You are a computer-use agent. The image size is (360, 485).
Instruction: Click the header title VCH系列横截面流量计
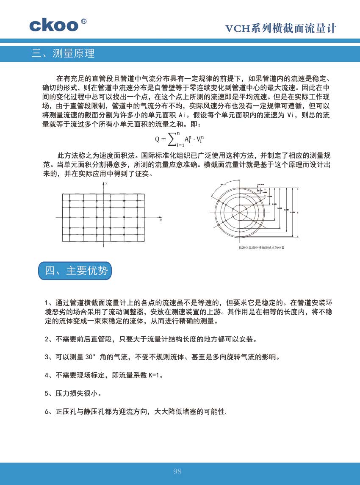[x=280, y=28]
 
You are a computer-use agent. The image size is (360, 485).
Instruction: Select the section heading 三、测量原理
[x=63, y=53]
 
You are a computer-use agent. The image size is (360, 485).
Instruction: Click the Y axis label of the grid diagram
[x=106, y=184]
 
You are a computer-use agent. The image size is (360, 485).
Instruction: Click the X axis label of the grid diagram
[x=161, y=220]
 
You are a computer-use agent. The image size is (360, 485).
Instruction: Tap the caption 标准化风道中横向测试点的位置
[x=261, y=247]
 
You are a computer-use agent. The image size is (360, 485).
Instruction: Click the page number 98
[x=177, y=471]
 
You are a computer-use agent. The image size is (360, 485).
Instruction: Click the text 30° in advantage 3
[x=92, y=357]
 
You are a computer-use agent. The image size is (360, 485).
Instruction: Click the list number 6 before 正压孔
[x=47, y=411]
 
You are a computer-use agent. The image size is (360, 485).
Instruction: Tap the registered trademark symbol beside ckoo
[x=84, y=20]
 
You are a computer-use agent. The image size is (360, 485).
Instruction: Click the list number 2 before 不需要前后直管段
[x=47, y=339]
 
